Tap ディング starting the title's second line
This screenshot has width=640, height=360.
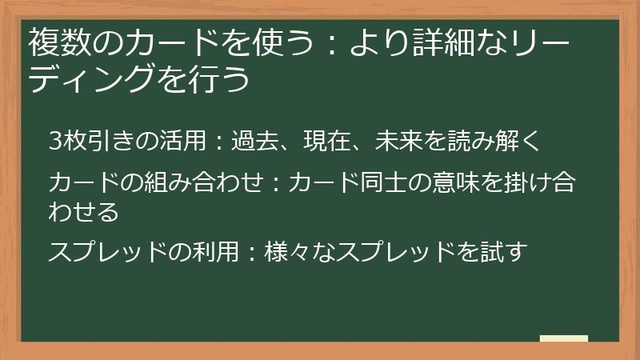point(95,79)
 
